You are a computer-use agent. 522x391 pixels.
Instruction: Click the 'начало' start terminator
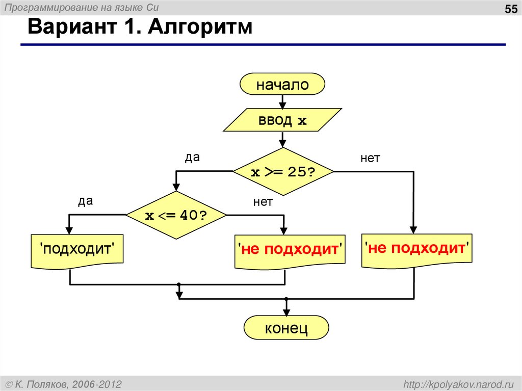282,84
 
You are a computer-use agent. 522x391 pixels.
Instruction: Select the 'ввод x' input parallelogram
282,120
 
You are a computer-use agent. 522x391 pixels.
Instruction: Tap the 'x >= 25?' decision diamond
283,172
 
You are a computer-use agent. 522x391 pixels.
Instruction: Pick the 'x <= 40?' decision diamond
176,215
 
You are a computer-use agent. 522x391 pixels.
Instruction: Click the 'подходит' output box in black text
76,250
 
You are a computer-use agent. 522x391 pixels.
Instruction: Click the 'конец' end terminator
286,328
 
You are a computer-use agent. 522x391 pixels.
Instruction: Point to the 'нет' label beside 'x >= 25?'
371,159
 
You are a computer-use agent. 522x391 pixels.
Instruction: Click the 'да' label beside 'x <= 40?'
85,201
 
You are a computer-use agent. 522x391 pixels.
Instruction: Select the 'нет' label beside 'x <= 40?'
263,202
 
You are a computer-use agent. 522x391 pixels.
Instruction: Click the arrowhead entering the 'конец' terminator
286,311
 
